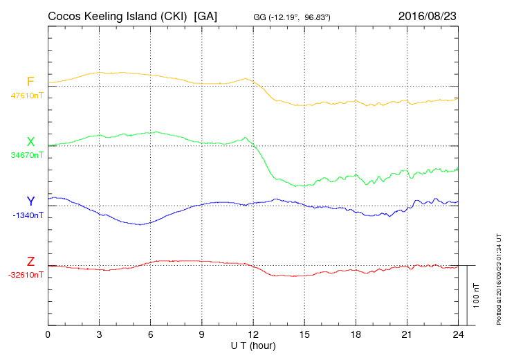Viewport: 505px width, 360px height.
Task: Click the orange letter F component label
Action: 30,82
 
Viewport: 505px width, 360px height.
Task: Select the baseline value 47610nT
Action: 27,95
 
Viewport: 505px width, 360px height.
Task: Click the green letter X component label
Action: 30,142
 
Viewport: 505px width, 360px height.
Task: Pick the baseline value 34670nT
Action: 27,155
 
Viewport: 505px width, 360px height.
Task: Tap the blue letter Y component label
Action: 30,201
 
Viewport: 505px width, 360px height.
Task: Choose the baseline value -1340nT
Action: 28,215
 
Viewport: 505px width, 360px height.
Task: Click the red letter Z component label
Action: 30,262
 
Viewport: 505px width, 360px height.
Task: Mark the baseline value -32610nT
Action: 26,275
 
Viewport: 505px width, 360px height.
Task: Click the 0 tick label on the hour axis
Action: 48,334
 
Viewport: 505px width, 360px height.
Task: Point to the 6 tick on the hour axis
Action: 150,334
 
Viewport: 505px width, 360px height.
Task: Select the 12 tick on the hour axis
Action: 252,334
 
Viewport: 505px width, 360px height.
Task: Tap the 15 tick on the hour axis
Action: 304,334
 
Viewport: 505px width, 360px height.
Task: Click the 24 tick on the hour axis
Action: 457,334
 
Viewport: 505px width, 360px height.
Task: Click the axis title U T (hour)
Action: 252,345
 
